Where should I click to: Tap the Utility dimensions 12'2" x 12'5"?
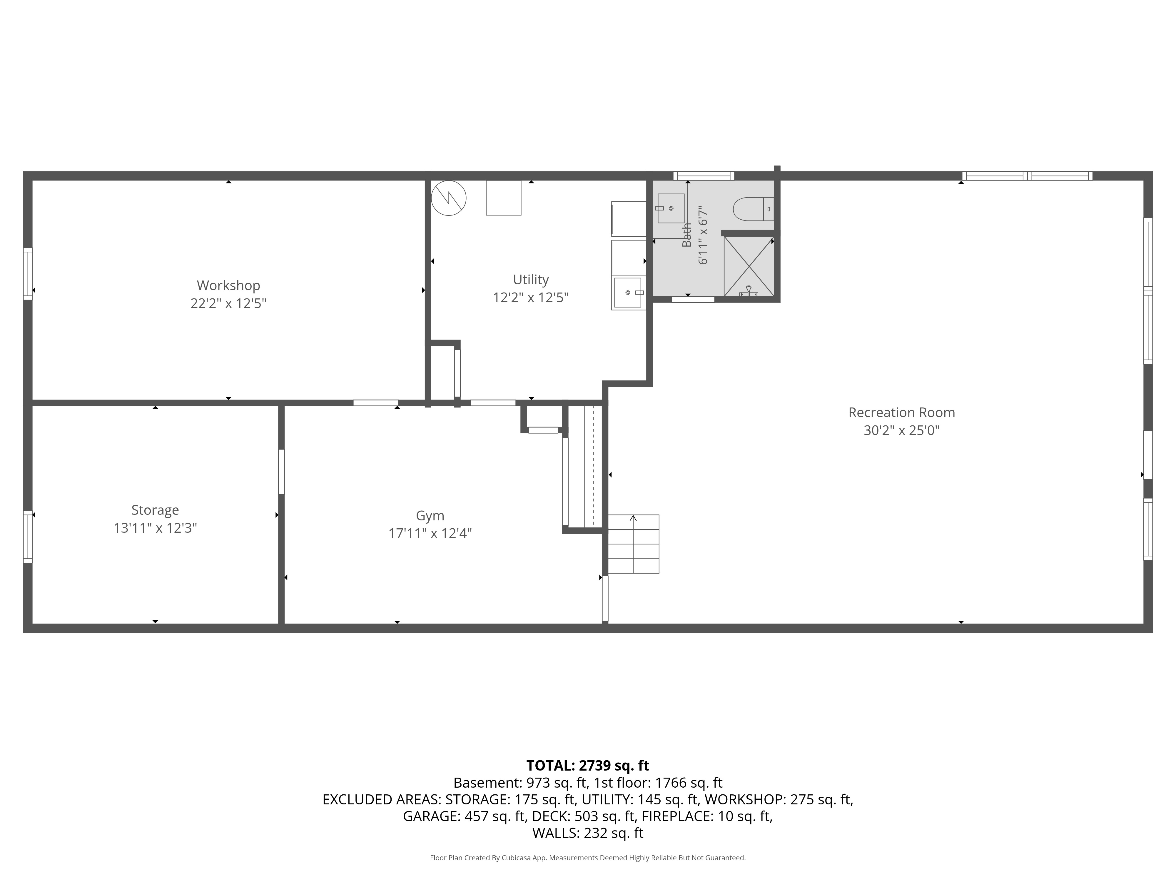pos(531,297)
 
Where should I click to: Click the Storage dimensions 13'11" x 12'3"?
pos(155,528)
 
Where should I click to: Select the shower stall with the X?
pos(749,266)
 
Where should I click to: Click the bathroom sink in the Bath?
pos(671,208)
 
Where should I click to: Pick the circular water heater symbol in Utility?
pos(449,198)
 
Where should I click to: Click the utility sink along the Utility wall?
pos(628,293)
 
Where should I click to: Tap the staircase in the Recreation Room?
pos(633,544)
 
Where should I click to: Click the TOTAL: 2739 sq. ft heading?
pos(587,766)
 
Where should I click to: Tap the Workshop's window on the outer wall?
pos(28,274)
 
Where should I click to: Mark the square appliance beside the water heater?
pos(503,198)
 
